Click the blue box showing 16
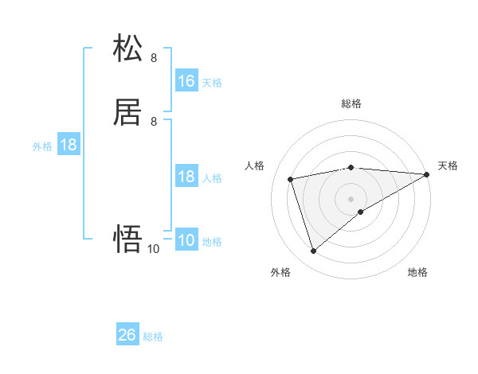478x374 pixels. point(186,81)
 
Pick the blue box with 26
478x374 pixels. point(127,336)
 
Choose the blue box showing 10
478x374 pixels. point(186,241)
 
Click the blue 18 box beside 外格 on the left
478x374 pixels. point(69,146)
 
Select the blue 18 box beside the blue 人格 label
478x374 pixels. point(186,177)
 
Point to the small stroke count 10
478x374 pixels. point(153,249)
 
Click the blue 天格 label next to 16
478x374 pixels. point(212,82)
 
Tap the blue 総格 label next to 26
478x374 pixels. point(153,337)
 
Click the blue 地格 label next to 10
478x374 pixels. point(212,242)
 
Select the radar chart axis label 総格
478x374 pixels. point(351,103)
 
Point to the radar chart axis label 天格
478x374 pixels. point(448,166)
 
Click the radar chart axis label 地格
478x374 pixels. point(417,273)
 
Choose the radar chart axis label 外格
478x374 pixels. point(280,273)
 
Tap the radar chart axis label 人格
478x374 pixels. point(255,166)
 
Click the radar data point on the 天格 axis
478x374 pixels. point(428,174)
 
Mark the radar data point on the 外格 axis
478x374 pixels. point(313,251)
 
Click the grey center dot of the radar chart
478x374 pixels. point(351,198)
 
